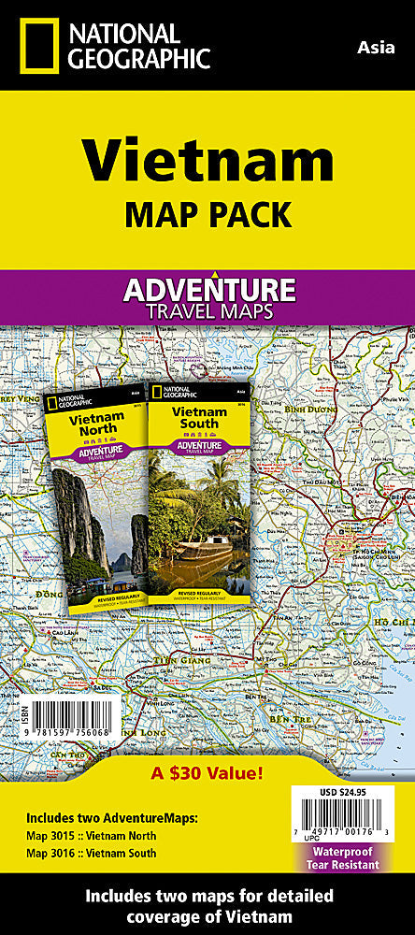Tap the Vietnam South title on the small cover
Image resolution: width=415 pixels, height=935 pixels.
(x=193, y=417)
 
